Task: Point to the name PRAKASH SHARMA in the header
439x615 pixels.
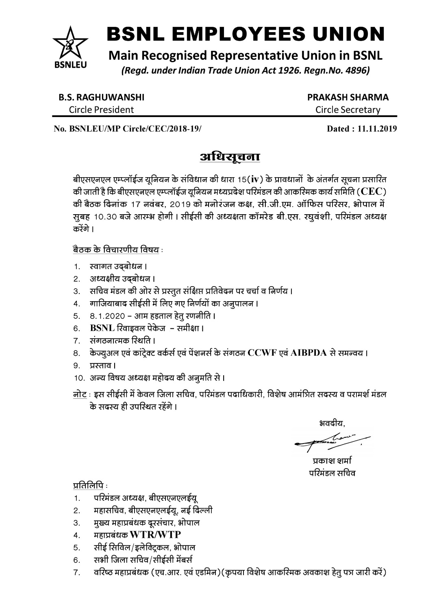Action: pyautogui.click(x=348, y=97)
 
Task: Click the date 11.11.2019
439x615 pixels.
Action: pyautogui.click(x=376, y=129)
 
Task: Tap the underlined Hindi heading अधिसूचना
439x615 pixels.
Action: pyautogui.click(x=230, y=157)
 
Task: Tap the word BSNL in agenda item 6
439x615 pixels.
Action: pyautogui.click(x=102, y=328)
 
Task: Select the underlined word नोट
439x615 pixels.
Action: pyautogui.click(x=78, y=394)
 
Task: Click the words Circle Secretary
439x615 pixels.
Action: pyautogui.click(x=348, y=110)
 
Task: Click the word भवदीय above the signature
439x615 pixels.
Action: pyautogui.click(x=332, y=424)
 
